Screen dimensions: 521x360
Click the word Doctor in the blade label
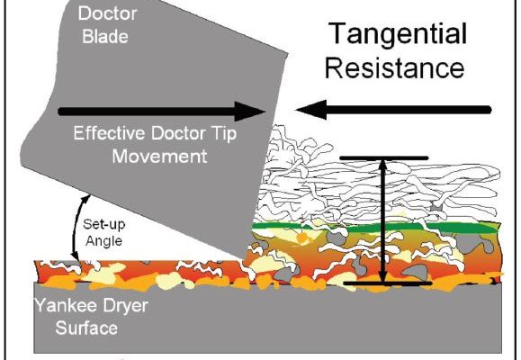tap(108, 14)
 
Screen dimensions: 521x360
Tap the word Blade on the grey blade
tap(105, 37)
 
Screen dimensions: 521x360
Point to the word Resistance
tap(394, 68)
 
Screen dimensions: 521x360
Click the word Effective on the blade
tap(109, 133)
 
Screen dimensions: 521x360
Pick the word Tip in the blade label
tap(224, 134)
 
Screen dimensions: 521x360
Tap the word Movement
tap(160, 157)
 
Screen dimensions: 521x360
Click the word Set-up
tap(104, 225)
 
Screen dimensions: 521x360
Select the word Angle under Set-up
tap(104, 241)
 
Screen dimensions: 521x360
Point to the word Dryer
tap(125, 306)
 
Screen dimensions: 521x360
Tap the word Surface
tap(86, 328)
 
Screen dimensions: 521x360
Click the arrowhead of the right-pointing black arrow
tap(250, 111)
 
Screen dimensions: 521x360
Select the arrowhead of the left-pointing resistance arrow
tap(310, 110)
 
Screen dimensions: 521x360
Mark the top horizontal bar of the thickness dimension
tap(384, 158)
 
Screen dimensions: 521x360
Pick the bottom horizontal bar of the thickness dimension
tap(388, 283)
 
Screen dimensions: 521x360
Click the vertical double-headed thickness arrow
tap(383, 221)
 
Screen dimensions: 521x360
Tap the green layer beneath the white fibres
tap(375, 228)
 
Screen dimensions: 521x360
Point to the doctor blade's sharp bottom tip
tap(244, 258)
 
